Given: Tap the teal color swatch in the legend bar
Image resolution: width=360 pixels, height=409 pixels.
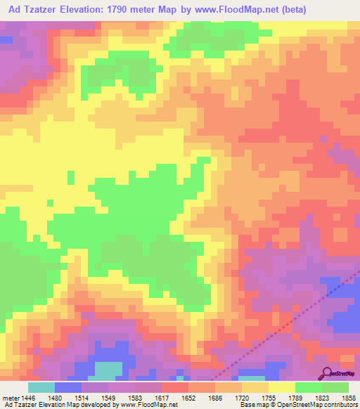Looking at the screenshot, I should pyautogui.click(x=41, y=387).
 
